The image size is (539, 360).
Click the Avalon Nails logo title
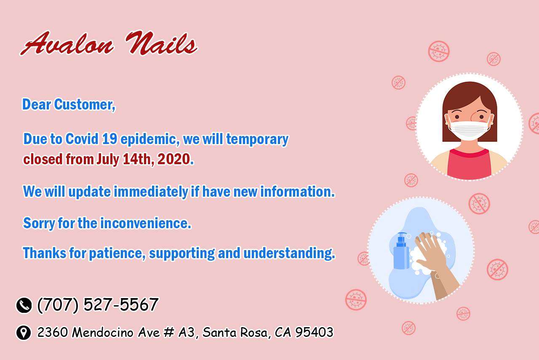click(x=109, y=43)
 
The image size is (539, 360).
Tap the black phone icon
click(x=24, y=305)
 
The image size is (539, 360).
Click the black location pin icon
click(x=24, y=333)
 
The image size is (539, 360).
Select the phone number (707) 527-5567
click(x=98, y=305)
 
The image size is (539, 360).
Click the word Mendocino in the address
click(x=102, y=332)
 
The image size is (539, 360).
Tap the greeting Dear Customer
click(x=69, y=104)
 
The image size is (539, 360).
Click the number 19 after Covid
click(x=109, y=139)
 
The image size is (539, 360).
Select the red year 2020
click(x=174, y=159)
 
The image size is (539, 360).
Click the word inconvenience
click(x=146, y=223)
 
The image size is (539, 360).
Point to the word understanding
click(x=289, y=253)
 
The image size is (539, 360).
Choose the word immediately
click(x=151, y=192)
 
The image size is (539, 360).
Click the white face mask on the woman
click(x=469, y=130)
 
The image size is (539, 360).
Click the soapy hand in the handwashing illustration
click(x=433, y=260)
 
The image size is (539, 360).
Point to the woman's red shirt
click(x=469, y=164)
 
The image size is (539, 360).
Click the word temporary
click(x=257, y=139)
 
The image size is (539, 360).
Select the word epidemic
click(x=150, y=139)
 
